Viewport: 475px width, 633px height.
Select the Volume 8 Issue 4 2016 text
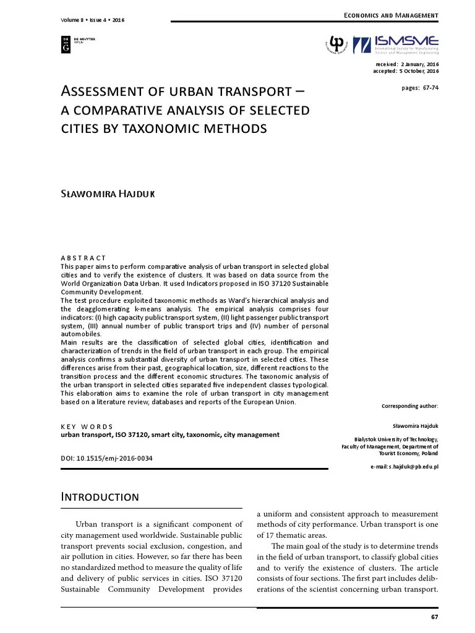click(x=93, y=20)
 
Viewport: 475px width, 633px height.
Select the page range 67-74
click(x=420, y=87)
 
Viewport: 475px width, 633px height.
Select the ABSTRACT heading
click(x=83, y=258)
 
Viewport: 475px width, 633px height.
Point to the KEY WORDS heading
click(x=87, y=427)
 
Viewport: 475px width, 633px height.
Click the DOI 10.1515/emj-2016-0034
click(x=106, y=459)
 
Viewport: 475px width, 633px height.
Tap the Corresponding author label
click(x=410, y=406)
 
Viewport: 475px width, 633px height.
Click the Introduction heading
click(x=100, y=497)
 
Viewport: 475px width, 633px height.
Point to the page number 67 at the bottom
click(x=434, y=618)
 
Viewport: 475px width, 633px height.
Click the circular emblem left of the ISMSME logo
click(x=337, y=44)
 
